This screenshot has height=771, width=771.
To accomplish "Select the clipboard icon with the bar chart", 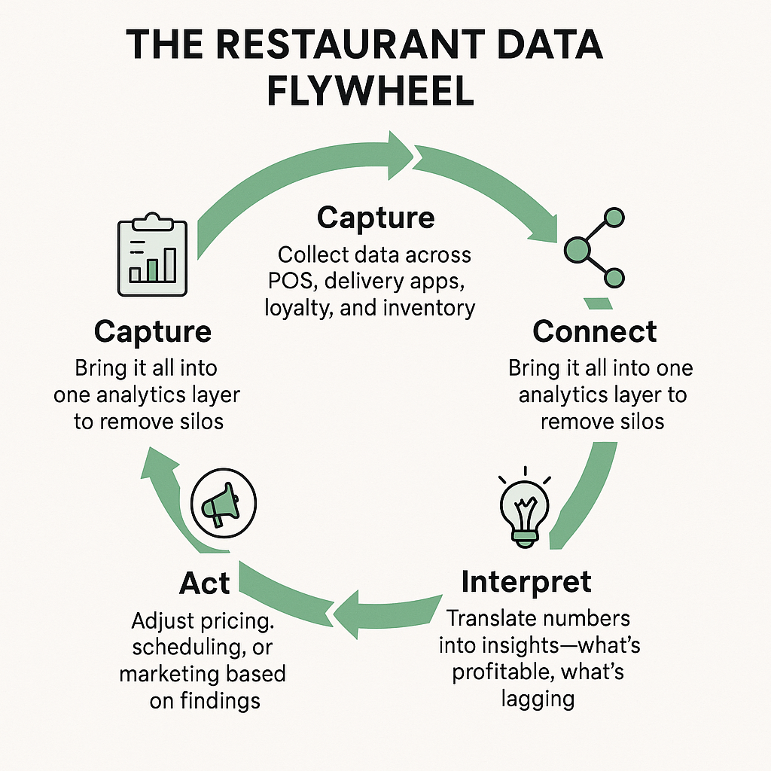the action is (152, 255).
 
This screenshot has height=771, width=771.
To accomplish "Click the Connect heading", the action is (594, 331).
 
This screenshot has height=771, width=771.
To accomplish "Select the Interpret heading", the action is (526, 581).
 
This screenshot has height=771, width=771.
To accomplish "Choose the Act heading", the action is (205, 583).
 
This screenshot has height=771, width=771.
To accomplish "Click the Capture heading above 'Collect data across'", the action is (376, 218).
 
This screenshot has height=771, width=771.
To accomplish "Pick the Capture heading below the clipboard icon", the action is (153, 331).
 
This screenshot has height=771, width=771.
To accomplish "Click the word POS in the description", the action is (287, 281).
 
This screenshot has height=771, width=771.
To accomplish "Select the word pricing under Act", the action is (241, 621).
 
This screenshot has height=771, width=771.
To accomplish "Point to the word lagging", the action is (538, 698).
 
